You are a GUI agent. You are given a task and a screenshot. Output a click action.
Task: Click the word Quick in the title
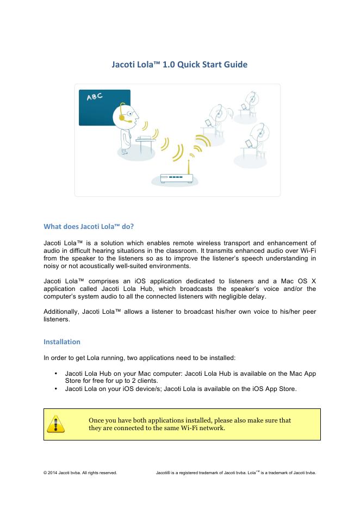pos(182,65)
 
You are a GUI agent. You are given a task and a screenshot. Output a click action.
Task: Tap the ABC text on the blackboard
pos(95,97)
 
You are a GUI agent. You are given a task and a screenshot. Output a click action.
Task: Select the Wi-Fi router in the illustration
pos(176,177)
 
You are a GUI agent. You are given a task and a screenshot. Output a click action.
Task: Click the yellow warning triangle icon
pos(55,424)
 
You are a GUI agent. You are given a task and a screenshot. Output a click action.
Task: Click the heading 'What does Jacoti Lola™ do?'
pos(89,226)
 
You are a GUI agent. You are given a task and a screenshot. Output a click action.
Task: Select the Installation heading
pos(61,342)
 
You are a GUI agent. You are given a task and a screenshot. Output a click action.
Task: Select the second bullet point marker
pos(57,388)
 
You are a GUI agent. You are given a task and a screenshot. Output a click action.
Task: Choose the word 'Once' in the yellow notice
pos(98,420)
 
